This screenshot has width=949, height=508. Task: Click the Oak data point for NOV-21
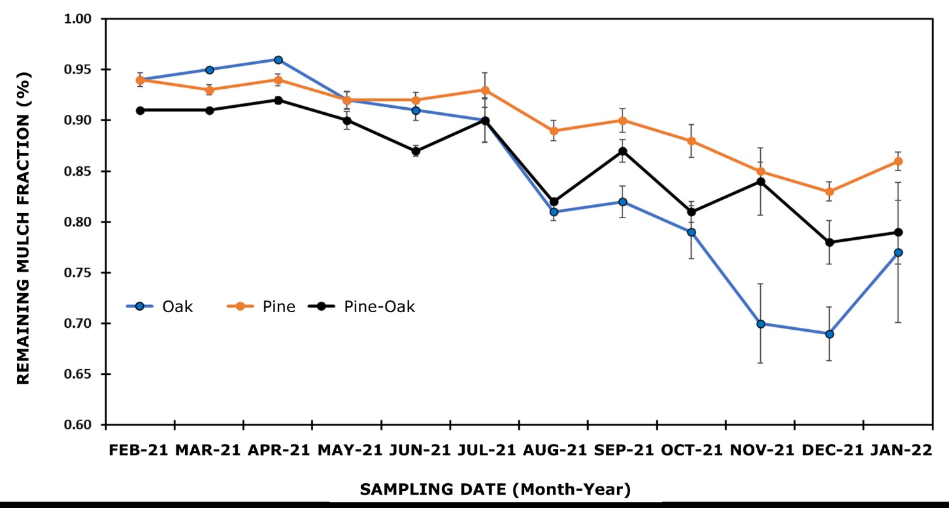coord(761,323)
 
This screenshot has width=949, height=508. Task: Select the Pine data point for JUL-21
coord(485,90)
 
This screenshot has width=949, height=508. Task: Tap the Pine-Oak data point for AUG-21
coord(554,202)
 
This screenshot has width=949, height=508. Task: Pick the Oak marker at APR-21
coord(278,60)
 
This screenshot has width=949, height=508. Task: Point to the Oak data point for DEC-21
coord(829,334)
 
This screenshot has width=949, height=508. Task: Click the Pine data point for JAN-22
coord(898,161)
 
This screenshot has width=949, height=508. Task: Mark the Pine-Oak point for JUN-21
coord(416,151)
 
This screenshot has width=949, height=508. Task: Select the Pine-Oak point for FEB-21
coord(140,110)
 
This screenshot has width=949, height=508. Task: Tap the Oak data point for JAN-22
coord(898,252)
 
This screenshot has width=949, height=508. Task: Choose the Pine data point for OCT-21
coord(692,141)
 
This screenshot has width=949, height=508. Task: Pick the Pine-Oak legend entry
coord(361,307)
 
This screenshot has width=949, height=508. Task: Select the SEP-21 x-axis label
coord(623,450)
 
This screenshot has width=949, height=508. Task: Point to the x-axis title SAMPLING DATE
coord(495,489)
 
